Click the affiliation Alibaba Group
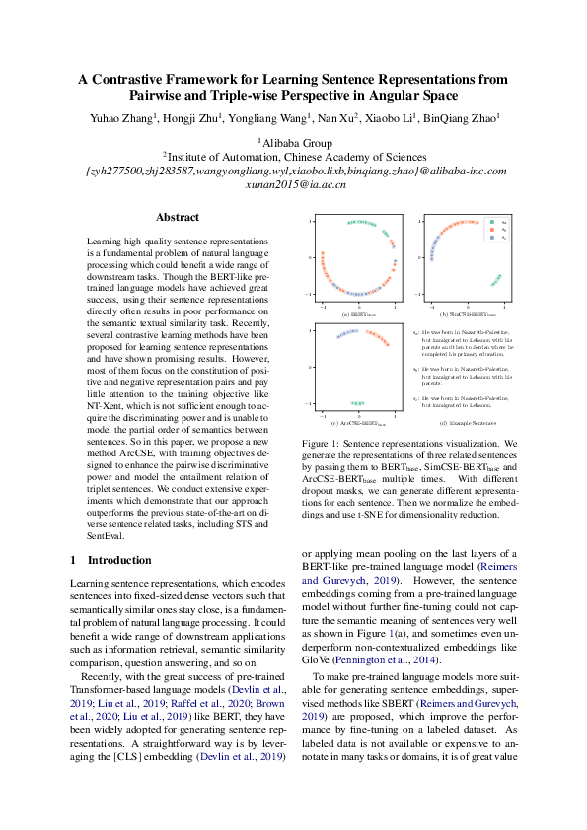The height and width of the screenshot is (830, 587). coord(295,141)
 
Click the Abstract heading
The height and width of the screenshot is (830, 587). coord(178,217)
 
